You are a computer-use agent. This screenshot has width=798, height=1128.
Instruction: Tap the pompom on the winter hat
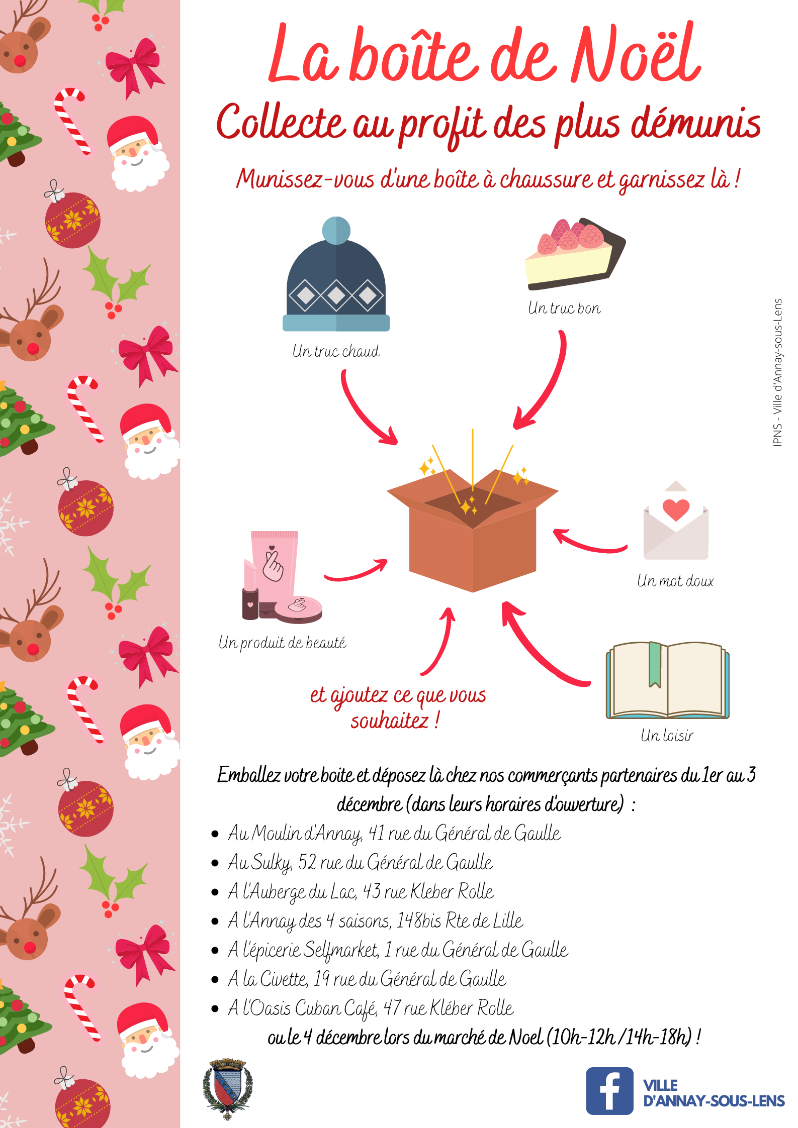point(336,230)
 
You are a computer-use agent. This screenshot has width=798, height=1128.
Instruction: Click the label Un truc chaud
point(336,351)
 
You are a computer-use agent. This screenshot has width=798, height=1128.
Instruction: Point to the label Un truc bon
point(564,308)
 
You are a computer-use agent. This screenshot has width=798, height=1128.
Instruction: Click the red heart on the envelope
point(676,509)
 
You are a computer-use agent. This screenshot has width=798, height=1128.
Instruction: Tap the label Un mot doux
point(675,581)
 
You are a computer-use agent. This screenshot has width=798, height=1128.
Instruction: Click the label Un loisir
point(667,736)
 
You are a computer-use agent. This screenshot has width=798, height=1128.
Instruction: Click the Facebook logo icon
point(609,1091)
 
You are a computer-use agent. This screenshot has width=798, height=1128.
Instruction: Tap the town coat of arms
point(228,1088)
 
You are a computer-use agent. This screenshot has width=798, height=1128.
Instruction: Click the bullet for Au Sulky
point(215,863)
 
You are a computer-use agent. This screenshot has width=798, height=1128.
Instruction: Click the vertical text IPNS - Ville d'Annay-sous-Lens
point(778,372)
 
